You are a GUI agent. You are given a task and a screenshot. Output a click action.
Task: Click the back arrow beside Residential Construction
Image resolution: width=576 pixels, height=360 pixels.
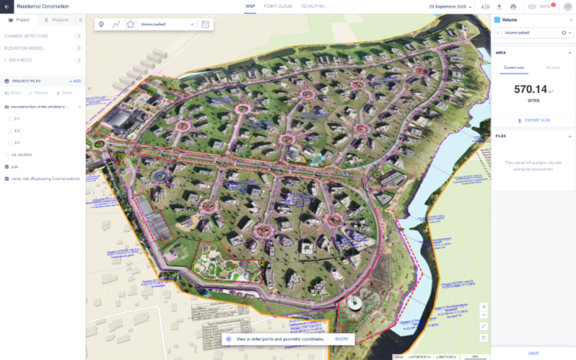pos(6,6)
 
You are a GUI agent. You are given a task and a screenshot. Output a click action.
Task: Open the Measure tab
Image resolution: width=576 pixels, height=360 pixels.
pos(57,20)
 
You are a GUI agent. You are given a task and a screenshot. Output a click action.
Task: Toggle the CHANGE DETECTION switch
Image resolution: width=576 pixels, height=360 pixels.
pos(78,36)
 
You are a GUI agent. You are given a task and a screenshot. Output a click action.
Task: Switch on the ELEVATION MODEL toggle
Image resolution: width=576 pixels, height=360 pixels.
pos(78,48)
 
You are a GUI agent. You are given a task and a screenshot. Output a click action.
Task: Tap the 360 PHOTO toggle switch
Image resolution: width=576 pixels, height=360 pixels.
pos(78,59)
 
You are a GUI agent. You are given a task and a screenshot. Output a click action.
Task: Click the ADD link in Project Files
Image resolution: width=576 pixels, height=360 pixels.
pos(75,81)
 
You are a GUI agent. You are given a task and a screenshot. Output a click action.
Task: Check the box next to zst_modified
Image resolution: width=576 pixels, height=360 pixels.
pos(7,154)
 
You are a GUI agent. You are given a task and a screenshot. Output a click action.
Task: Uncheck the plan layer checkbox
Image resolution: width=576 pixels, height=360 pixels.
pos(7,167)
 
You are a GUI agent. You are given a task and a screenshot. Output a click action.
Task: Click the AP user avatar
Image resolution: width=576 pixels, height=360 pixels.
pos(566,6)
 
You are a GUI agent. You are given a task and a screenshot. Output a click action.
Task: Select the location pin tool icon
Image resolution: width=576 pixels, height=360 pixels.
pos(101,24)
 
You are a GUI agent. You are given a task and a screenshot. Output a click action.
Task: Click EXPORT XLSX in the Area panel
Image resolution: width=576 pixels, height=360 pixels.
pos(533,121)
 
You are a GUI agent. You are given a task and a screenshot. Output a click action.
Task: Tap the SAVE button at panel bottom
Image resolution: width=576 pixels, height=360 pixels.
pos(533,353)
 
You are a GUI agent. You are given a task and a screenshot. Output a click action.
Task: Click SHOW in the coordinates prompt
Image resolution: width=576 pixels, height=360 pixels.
pos(341,339)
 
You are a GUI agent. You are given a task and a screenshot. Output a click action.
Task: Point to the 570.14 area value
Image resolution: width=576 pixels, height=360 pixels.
pos(531,89)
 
